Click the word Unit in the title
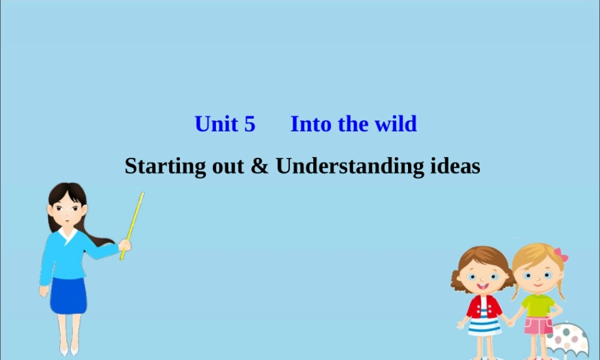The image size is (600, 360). [x=217, y=124]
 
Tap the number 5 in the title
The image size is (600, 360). [x=250, y=124]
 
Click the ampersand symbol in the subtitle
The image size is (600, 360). [x=259, y=166]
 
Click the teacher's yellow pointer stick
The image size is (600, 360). [x=133, y=223]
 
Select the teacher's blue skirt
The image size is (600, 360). [x=68, y=295]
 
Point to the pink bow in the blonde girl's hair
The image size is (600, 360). [x=561, y=254]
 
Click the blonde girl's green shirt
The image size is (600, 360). [x=538, y=304]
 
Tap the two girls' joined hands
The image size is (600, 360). [x=509, y=322]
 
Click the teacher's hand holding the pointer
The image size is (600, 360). [x=125, y=245]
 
